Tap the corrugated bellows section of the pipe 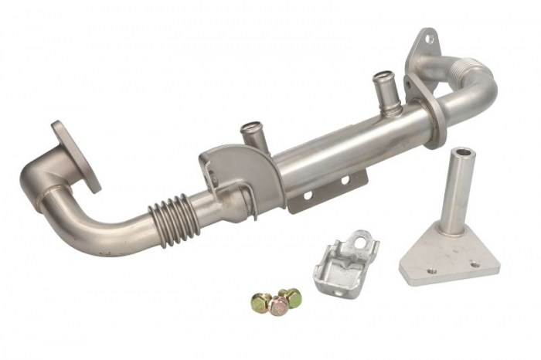coord(168,214)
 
